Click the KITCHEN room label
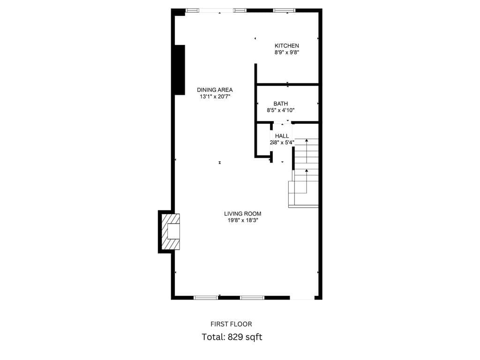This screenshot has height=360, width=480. click(286, 45)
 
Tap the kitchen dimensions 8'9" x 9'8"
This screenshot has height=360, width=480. click(286, 52)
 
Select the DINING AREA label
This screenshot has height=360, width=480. click(215, 90)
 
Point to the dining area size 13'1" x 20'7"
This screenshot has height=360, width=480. click(215, 97)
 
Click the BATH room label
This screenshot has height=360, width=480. click(280, 104)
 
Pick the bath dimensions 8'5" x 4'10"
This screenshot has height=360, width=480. click(280, 110)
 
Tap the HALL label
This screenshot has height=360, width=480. click(282, 135)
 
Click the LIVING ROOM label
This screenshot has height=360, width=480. click(242, 214)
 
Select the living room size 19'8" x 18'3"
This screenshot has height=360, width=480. click(242, 220)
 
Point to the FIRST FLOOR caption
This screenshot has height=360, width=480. click(231, 324)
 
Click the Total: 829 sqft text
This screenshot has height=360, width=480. click(232, 337)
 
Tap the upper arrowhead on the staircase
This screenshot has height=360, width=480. click(307, 140)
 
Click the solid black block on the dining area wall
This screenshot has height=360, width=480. click(180, 70)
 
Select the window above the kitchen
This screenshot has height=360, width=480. click(285, 10)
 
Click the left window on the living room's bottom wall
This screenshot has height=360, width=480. click(206, 298)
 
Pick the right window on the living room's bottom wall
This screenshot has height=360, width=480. click(252, 298)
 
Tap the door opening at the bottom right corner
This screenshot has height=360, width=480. click(302, 298)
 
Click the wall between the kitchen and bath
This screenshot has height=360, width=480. click(287, 84)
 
